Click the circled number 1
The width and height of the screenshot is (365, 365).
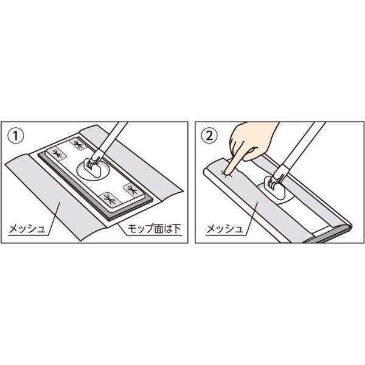click(16, 136)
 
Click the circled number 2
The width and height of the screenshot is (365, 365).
click(209, 136)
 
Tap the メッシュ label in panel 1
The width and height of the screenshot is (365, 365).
click(27, 229)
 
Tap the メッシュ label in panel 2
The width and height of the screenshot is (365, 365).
click(224, 229)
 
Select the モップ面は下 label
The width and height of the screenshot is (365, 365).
click(154, 229)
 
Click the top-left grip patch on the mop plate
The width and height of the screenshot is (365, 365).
click(57, 154)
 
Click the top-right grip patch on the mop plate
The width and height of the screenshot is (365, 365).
click(78, 144)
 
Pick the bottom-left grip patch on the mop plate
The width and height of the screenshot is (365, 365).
click(109, 200)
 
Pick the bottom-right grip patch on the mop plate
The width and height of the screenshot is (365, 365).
click(133, 190)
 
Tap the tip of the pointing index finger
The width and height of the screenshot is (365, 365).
click(226, 173)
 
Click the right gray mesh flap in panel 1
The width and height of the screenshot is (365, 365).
click(140, 163)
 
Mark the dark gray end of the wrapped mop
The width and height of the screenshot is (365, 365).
click(330, 235)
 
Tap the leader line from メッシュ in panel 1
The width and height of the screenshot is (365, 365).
click(54, 218)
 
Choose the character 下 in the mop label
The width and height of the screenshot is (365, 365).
click(176, 229)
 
